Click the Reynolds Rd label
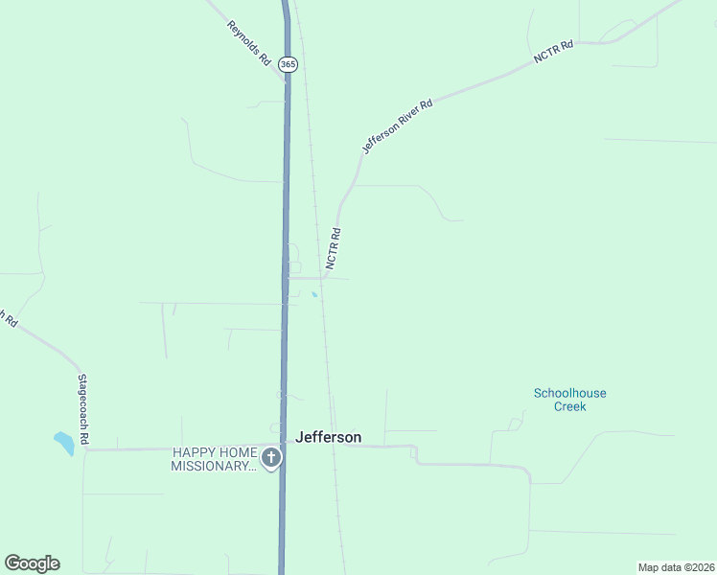pyautogui.click(x=248, y=43)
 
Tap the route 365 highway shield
pyautogui.click(x=289, y=64)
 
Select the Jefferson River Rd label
pyautogui.click(x=397, y=125)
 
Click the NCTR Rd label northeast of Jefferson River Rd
pyautogui.click(x=553, y=53)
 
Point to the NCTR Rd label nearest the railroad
pyautogui.click(x=334, y=247)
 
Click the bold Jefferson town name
pyautogui.click(x=329, y=437)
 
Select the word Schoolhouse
pyautogui.click(x=569, y=393)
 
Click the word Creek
pyautogui.click(x=569, y=406)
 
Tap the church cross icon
pyautogui.click(x=271, y=458)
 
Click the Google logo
pyautogui.click(x=32, y=563)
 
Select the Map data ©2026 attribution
pyautogui.click(x=676, y=567)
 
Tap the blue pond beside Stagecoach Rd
pyautogui.click(x=63, y=443)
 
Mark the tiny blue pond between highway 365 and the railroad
pyautogui.click(x=313, y=294)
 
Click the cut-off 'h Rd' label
pyautogui.click(x=9, y=318)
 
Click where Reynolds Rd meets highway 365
pyautogui.click(x=285, y=80)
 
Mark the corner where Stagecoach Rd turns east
pyautogui.click(x=84, y=449)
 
